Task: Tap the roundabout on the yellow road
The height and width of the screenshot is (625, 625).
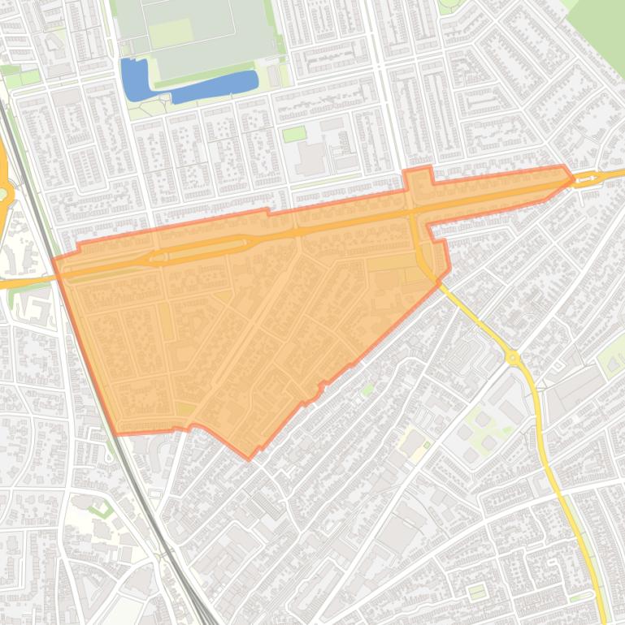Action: tap(512, 356)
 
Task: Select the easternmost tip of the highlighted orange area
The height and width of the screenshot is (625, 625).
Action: tap(574, 177)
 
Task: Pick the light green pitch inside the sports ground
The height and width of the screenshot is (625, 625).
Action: tap(170, 32)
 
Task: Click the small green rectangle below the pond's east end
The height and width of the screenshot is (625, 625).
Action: tap(293, 134)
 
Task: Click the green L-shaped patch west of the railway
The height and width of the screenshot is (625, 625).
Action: tap(100, 510)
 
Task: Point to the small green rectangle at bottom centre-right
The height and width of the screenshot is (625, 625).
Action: tap(477, 593)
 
